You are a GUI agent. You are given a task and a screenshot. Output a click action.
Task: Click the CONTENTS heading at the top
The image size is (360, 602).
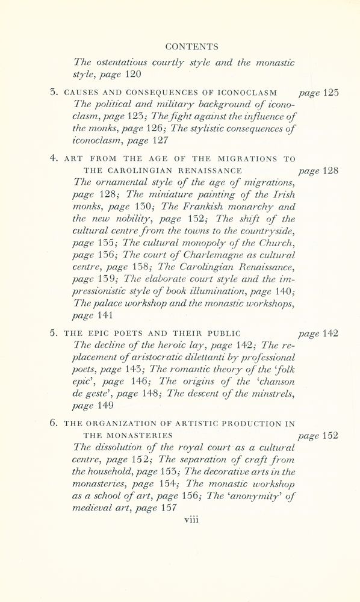pos(191,46)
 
